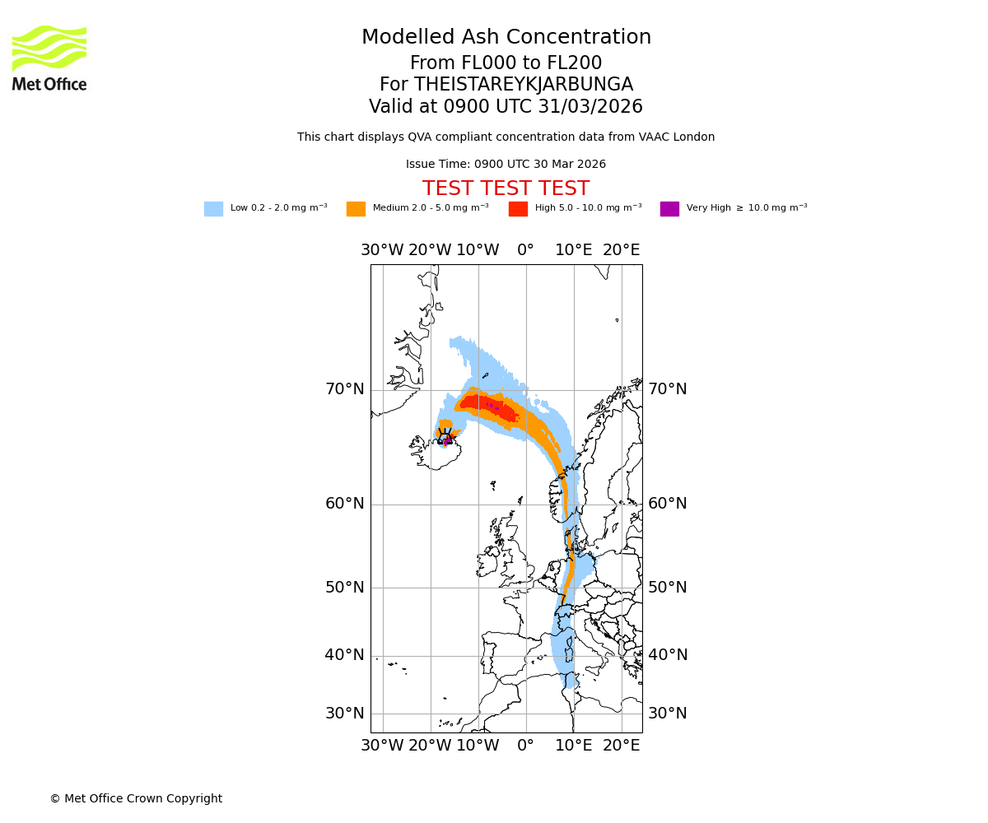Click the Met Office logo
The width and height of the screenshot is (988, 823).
(49, 58)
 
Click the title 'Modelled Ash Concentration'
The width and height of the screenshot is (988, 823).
(506, 38)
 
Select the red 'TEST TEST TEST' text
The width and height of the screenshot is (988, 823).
(506, 188)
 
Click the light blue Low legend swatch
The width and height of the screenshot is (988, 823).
(213, 209)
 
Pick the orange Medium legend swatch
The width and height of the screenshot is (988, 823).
(356, 209)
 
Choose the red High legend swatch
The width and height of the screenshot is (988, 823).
(518, 209)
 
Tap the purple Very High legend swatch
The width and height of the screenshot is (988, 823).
(669, 209)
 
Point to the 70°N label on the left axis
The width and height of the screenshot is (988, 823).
(344, 389)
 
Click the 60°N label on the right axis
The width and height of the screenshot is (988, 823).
(667, 504)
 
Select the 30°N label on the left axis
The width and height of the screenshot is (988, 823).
(344, 714)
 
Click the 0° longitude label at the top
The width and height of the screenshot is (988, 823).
(525, 250)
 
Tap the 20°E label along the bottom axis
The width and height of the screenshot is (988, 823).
(621, 746)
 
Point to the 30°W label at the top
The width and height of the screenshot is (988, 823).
(382, 250)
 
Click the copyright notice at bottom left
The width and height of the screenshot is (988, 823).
(136, 798)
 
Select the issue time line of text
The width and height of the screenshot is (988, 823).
(506, 165)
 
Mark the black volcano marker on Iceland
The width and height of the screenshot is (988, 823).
(445, 436)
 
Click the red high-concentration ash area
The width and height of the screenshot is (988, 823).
(486, 405)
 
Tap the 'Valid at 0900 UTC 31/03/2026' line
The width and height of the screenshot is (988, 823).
(506, 107)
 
